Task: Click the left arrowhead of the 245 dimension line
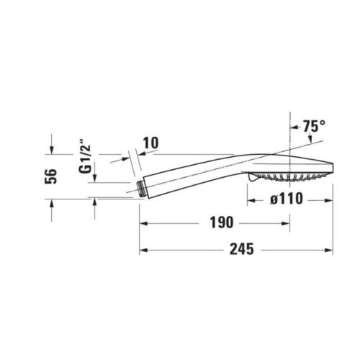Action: [x=142, y=251]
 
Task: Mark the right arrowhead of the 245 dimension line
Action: [x=331, y=251]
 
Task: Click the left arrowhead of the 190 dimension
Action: [x=142, y=223]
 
